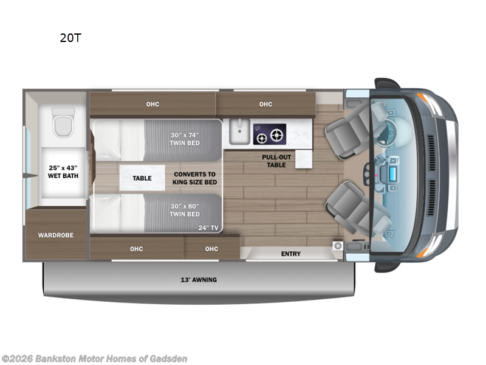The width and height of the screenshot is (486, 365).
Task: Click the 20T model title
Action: tap(70, 38)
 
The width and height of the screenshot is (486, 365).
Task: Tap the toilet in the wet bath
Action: tap(63, 122)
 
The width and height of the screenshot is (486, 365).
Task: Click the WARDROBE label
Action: tap(56, 235)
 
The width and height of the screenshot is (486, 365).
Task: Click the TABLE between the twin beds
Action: tap(142, 178)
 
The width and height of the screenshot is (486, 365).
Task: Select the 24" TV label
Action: tap(208, 228)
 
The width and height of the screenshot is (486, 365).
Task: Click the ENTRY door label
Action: tap(290, 254)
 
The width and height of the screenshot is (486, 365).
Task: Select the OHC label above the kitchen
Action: tap(265, 104)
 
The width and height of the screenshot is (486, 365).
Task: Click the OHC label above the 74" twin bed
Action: tap(152, 104)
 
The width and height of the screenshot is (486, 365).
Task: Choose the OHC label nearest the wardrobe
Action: tap(137, 248)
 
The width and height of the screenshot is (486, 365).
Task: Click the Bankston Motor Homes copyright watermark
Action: tap(94, 358)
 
